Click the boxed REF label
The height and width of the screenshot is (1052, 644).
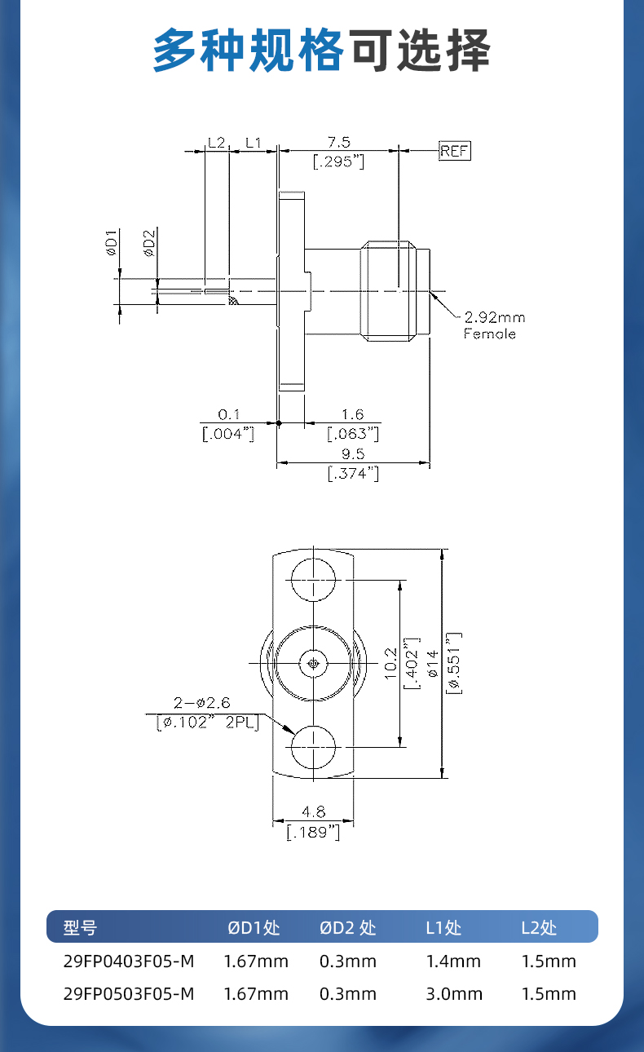pyautogui.click(x=454, y=151)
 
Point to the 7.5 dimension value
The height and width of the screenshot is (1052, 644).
pyautogui.click(x=339, y=142)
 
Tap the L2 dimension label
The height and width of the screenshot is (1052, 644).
pyautogui.click(x=216, y=142)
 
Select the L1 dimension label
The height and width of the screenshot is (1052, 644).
pyautogui.click(x=253, y=142)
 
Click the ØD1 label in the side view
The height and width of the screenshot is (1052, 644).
pyautogui.click(x=111, y=242)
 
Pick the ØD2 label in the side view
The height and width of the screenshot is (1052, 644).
pyautogui.click(x=149, y=243)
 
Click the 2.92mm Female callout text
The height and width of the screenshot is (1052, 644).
pyautogui.click(x=494, y=325)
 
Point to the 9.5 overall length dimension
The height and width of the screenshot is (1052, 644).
pyautogui.click(x=353, y=453)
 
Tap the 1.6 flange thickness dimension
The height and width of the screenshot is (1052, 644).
pyautogui.click(x=352, y=414)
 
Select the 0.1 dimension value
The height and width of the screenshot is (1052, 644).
pyautogui.click(x=228, y=414)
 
